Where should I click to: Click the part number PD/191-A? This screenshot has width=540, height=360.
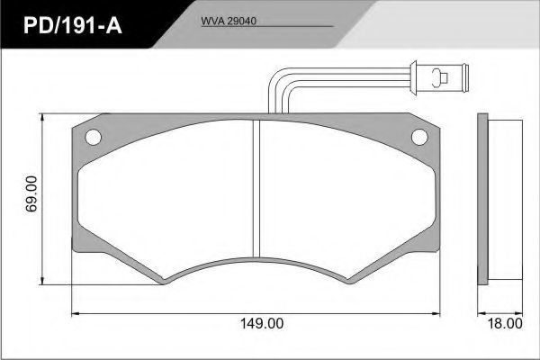[73, 25]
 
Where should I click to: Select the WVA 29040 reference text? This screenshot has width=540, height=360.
[229, 21]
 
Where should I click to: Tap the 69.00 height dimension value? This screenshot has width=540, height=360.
[31, 194]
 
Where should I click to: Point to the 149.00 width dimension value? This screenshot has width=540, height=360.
[262, 323]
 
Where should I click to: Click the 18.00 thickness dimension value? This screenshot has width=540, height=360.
[505, 323]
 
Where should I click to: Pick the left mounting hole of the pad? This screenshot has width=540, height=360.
[93, 137]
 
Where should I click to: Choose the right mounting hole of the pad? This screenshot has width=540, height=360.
[419, 137]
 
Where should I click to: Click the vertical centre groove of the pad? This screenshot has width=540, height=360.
[256, 188]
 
